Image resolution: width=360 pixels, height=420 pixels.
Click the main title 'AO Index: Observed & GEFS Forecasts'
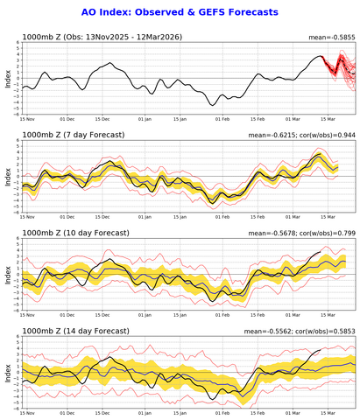click(180, 12)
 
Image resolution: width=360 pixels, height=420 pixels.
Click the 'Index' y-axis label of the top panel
click(8, 79)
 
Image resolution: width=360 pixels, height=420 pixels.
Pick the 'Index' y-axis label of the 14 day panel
click(8, 372)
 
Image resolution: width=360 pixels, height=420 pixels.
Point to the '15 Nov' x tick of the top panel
click(28, 118)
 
